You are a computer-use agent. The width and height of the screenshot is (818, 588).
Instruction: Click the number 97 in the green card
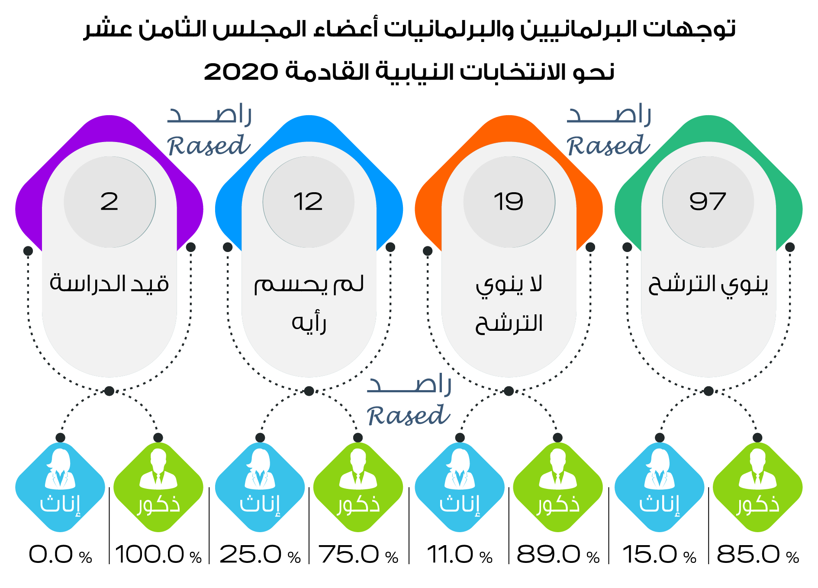tap(708, 202)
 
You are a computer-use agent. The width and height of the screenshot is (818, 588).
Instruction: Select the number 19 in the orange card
tap(509, 202)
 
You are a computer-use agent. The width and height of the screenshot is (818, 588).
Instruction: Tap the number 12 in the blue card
tap(308, 202)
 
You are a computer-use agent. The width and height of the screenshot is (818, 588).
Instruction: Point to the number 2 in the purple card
tap(109, 202)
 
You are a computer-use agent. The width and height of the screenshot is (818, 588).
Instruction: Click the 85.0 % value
tap(757, 555)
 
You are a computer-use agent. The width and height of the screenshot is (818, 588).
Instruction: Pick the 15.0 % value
tap(659, 555)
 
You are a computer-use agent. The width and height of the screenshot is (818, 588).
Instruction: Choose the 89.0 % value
tap(558, 555)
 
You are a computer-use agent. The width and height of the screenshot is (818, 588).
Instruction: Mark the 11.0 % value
tap(459, 555)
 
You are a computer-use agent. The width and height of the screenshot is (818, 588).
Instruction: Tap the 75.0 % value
tap(358, 555)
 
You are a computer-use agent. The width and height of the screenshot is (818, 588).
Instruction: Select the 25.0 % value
tap(260, 555)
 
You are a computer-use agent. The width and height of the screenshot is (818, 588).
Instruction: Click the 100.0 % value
tap(158, 555)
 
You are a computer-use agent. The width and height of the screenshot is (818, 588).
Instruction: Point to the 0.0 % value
tap(60, 555)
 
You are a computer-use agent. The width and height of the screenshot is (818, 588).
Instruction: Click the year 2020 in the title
tap(241, 72)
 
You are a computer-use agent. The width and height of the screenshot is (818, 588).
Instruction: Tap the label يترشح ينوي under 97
tap(708, 284)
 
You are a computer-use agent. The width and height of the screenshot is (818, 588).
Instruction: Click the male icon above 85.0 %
tap(757, 469)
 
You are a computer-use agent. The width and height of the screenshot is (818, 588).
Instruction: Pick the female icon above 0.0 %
tap(60, 469)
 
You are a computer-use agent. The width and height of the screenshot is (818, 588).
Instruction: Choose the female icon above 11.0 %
tap(459, 469)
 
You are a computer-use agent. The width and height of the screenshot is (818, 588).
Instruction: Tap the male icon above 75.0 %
tap(358, 469)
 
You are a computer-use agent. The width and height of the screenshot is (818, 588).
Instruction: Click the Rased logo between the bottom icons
tap(409, 401)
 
